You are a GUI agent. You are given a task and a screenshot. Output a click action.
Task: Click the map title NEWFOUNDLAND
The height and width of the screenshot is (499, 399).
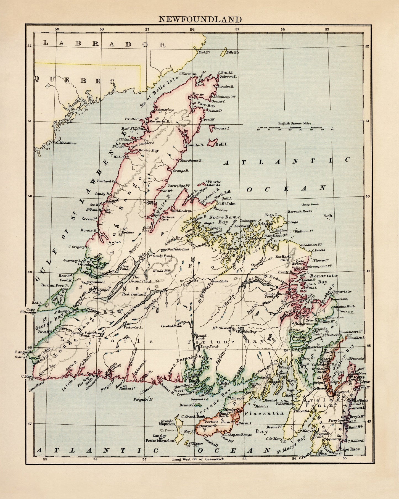point(200,19)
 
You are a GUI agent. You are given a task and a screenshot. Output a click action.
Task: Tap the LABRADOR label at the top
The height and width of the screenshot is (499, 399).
point(104,44)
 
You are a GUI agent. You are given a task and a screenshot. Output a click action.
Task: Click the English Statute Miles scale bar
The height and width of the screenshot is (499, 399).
point(295,128)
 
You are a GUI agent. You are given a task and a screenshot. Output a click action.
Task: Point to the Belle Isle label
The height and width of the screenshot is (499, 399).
point(232,52)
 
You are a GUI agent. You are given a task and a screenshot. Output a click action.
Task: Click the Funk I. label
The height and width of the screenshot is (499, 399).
point(329,217)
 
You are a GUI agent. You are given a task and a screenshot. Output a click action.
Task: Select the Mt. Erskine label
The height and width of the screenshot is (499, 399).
point(128,231)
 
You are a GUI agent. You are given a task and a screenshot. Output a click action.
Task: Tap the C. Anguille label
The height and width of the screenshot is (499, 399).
point(24,352)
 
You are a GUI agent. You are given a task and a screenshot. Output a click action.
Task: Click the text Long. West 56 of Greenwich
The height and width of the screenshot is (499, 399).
point(198,459)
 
